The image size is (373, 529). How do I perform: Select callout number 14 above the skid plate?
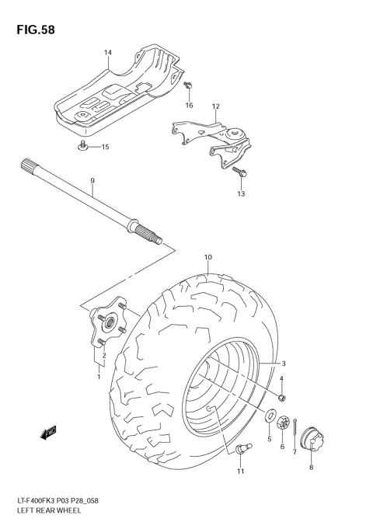click(x=108, y=53)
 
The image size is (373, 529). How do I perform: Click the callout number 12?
click(x=215, y=106)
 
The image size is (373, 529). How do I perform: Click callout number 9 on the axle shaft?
click(x=92, y=181)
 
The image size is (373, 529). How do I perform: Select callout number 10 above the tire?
click(x=208, y=257)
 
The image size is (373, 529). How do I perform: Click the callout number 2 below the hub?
click(x=104, y=356)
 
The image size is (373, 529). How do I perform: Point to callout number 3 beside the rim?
click(x=284, y=364)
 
